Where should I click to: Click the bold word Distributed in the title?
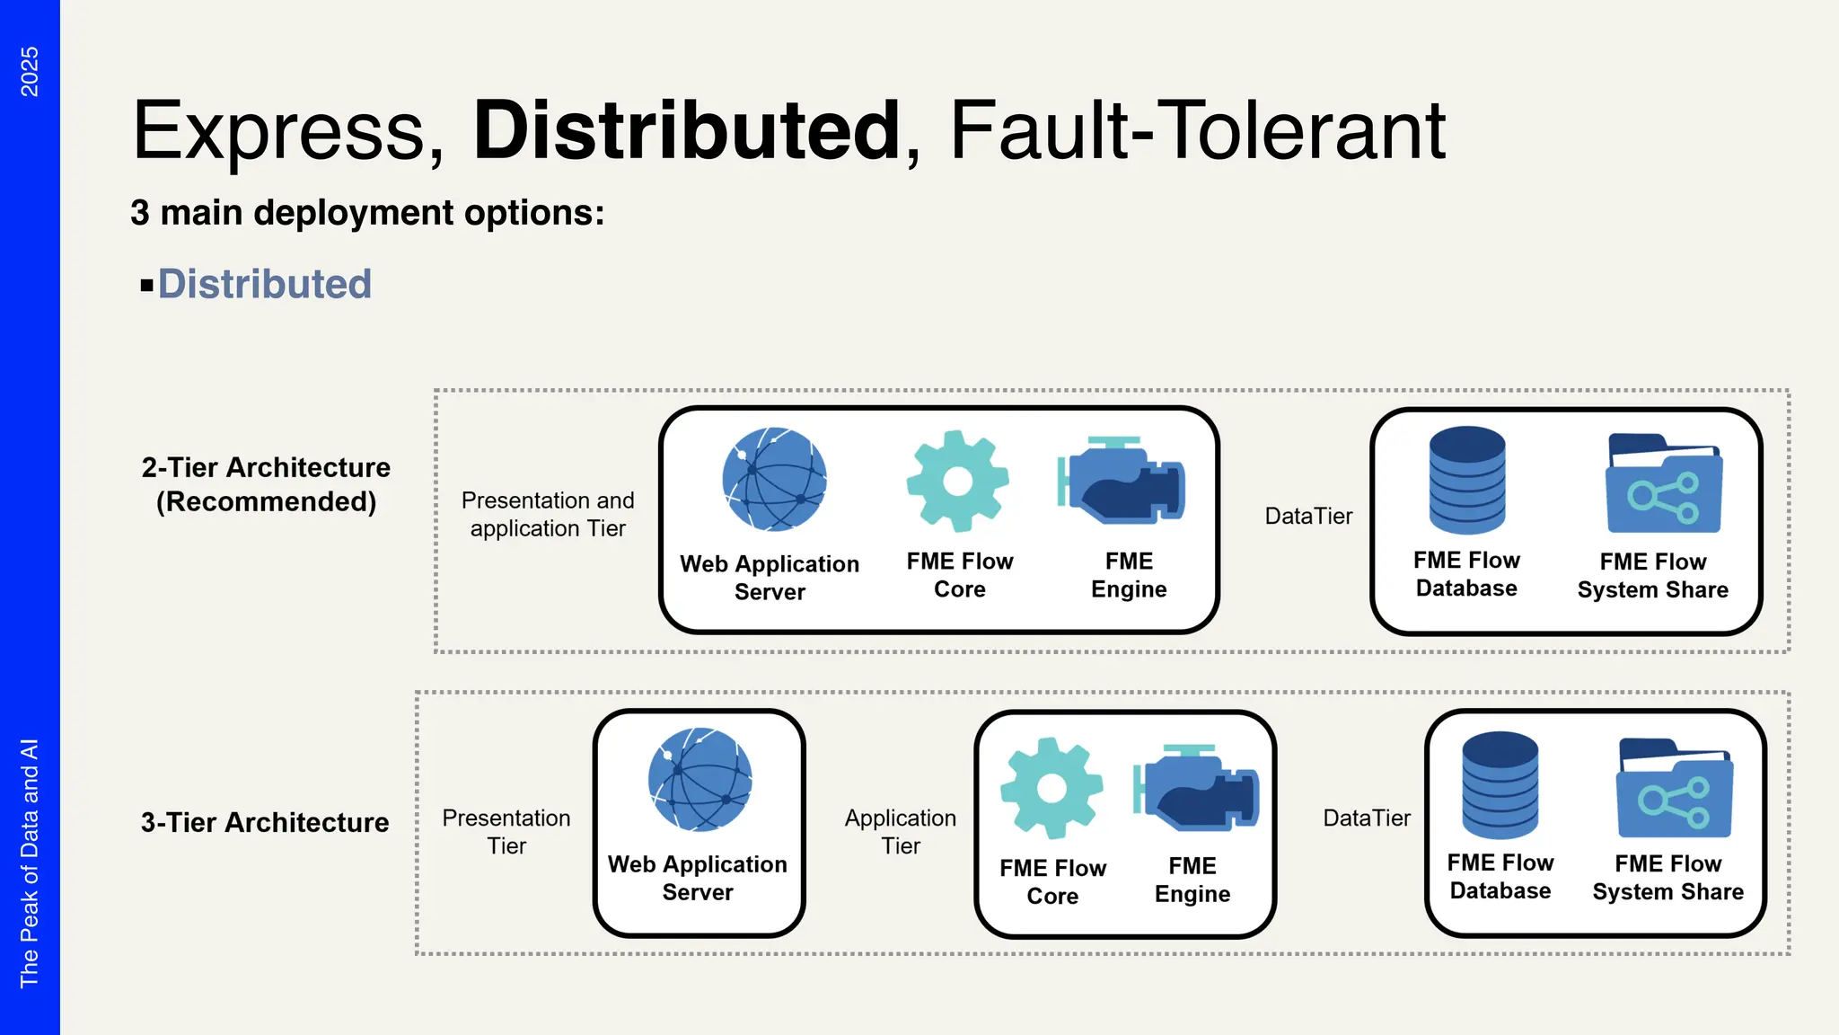pyautogui.click(x=686, y=131)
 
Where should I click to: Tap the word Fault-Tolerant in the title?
pyautogui.click(x=1197, y=131)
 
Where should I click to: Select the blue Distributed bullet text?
pyautogui.click(x=264, y=284)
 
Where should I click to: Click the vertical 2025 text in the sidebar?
pyautogui.click(x=30, y=72)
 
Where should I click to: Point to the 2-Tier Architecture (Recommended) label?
pyautogui.click(x=266, y=484)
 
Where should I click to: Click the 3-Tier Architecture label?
pyautogui.click(x=265, y=822)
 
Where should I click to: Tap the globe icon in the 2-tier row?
pyautogui.click(x=774, y=479)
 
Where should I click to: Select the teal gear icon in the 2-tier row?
pyautogui.click(x=958, y=481)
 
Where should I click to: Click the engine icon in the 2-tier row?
pyautogui.click(x=1122, y=480)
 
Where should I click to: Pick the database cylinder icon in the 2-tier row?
pyautogui.click(x=1467, y=480)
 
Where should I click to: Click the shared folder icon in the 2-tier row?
pyautogui.click(x=1664, y=484)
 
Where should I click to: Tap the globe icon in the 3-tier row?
pyautogui.click(x=700, y=779)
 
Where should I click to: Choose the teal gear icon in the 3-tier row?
pyautogui.click(x=1051, y=788)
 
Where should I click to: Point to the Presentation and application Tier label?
pyautogui.click(x=548, y=514)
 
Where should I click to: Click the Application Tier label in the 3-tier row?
pyautogui.click(x=901, y=831)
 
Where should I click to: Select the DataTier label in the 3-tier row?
pyautogui.click(x=1367, y=818)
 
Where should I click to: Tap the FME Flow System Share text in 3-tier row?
pyautogui.click(x=1667, y=877)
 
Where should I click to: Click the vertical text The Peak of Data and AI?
pyautogui.click(x=30, y=862)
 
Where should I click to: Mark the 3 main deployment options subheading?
pyautogui.click(x=367, y=213)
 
